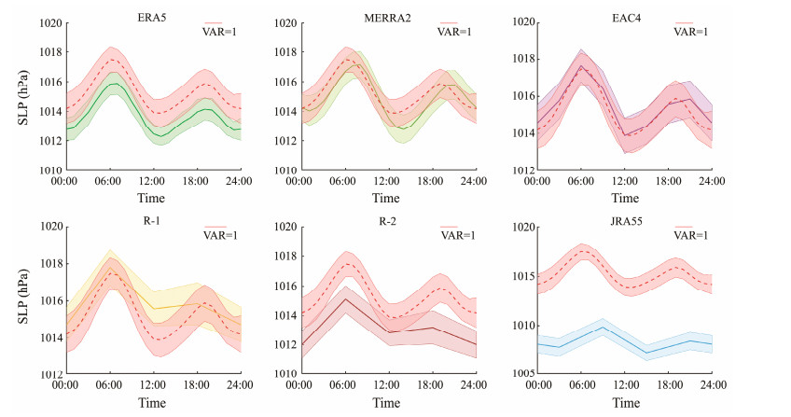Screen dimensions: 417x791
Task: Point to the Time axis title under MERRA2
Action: point(387,199)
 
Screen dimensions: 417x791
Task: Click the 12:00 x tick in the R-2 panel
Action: point(387,383)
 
